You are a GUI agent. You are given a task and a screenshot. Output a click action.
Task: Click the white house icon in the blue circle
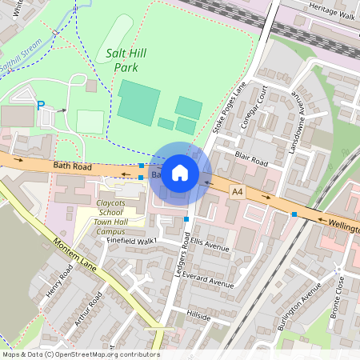[180, 173]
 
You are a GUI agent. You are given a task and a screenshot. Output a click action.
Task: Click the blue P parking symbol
[40, 105]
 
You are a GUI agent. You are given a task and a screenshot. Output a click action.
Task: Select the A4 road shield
[237, 192]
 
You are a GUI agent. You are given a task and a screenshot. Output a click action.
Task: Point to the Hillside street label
[198, 317]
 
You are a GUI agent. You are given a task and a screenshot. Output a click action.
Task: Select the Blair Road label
[250, 161]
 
